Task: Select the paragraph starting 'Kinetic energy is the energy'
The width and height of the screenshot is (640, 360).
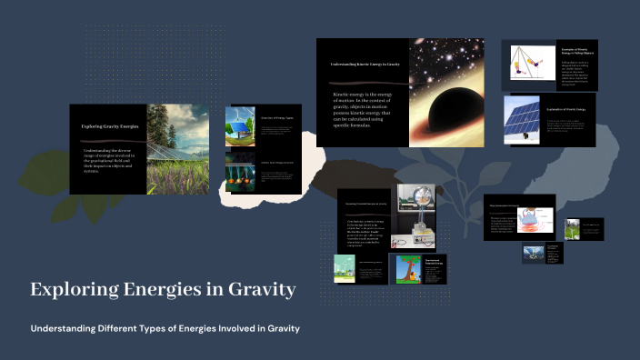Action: [366, 109]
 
